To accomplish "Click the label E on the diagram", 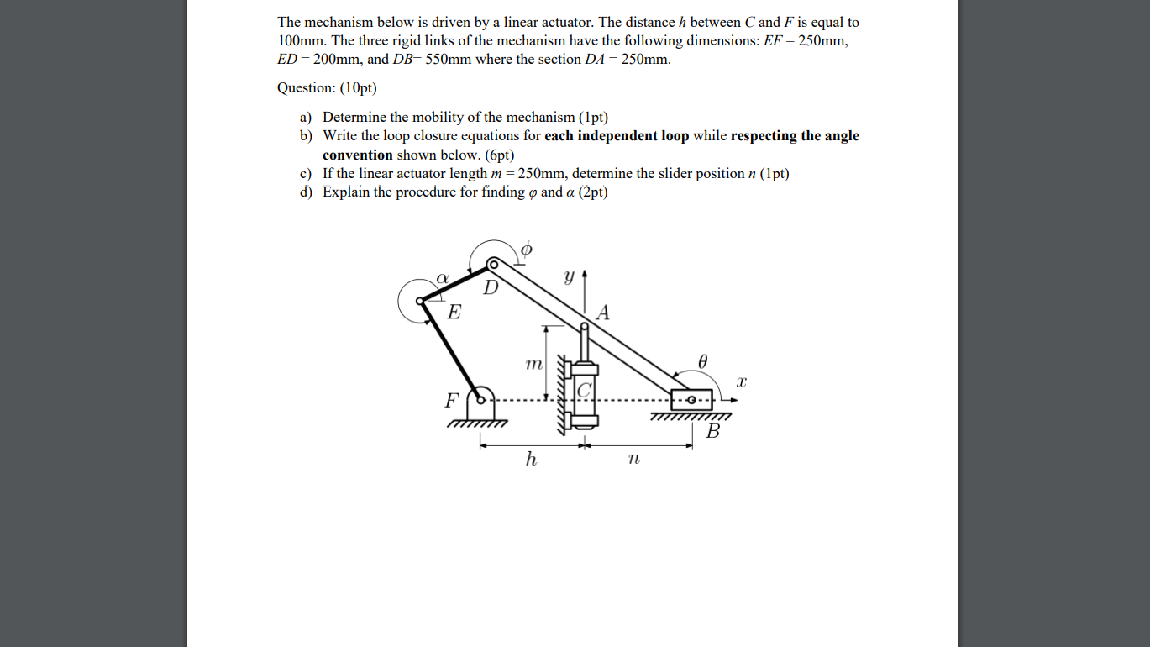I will tap(454, 313).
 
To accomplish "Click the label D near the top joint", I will tap(491, 288).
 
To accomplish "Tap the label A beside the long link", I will tap(602, 313).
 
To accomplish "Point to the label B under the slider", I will tap(713, 432).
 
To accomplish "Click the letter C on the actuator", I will tap(586, 390).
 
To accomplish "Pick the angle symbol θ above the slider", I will tap(703, 360).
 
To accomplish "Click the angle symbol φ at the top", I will tap(527, 250).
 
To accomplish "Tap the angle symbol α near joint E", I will tap(443, 276).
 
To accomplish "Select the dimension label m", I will tap(533, 363).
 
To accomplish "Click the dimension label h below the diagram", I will tap(531, 459).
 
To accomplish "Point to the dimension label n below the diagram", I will tap(633, 459).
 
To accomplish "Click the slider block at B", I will tap(692, 399).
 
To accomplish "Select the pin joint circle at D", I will tap(494, 265).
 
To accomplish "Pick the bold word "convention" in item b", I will tap(358, 155).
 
